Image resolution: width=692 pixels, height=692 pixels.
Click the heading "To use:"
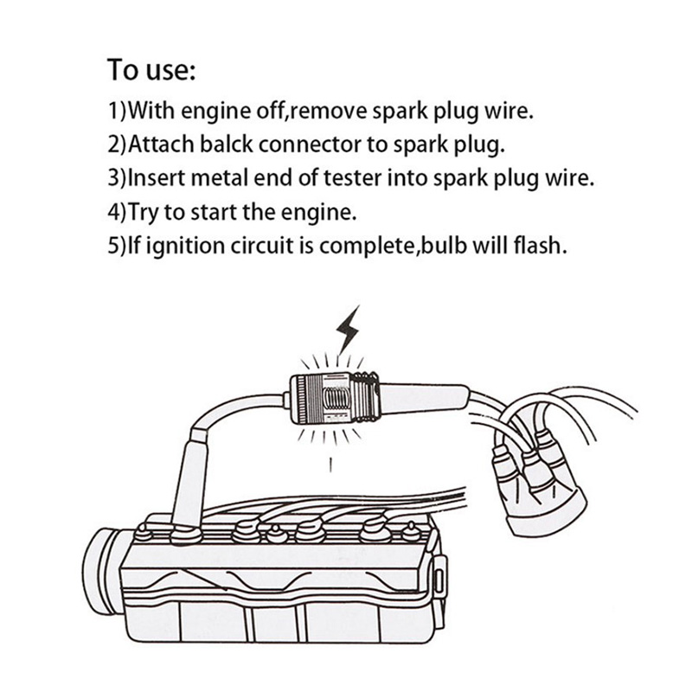[x=152, y=68]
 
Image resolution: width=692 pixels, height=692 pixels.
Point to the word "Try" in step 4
[x=148, y=212]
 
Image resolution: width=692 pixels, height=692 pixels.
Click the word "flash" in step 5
[x=540, y=245]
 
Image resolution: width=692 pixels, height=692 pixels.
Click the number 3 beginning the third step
[x=113, y=179]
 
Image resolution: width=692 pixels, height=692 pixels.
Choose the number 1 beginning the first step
[x=113, y=112]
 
